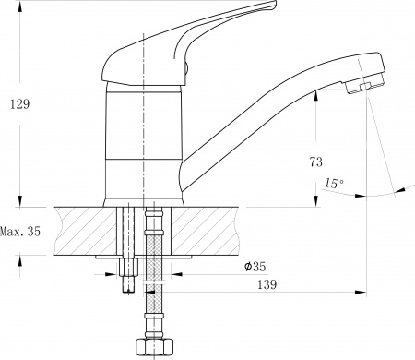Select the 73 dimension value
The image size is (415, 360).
316,162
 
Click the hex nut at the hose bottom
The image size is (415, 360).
148,348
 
